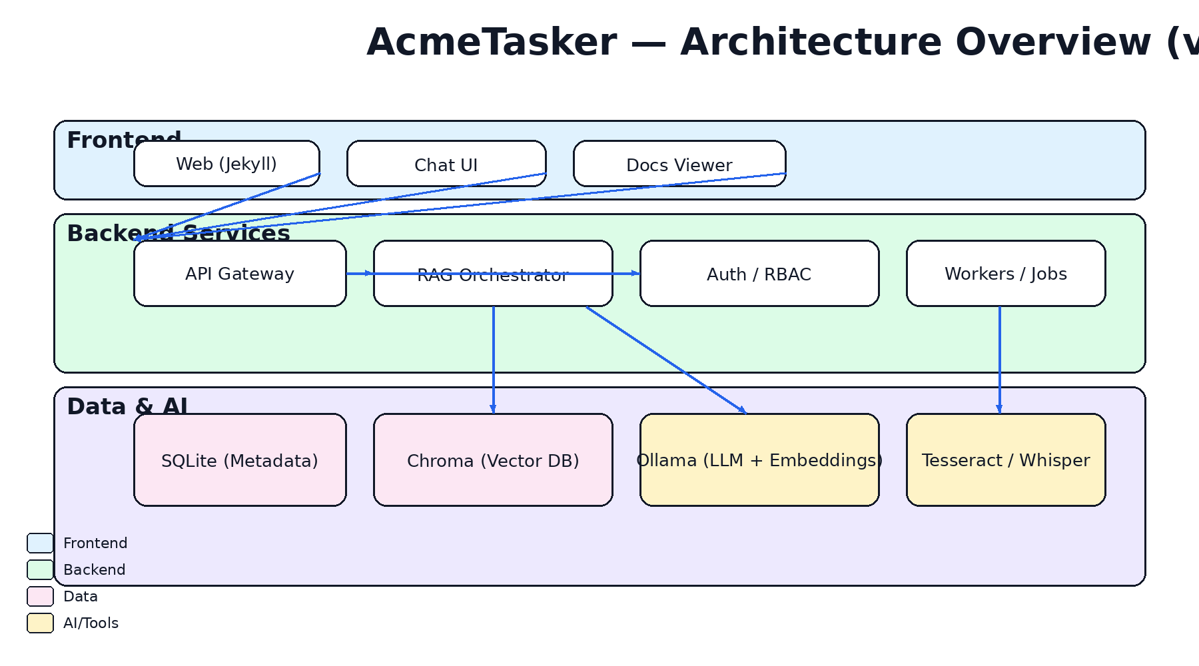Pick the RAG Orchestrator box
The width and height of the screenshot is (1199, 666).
(493, 290)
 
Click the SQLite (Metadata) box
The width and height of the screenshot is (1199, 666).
(240, 460)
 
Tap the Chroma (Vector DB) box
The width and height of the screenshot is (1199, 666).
(493, 460)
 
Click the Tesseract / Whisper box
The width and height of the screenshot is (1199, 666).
(1006, 460)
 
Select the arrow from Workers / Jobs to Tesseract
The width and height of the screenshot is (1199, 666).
(999, 360)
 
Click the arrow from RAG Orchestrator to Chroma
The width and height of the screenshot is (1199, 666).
(493, 360)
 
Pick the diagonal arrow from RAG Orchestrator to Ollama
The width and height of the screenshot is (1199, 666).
(666, 360)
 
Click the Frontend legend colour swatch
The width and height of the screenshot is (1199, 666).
(40, 543)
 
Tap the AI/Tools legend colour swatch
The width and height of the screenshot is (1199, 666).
(40, 623)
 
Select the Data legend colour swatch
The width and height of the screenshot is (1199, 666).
(40, 596)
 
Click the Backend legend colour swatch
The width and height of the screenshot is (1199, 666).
(40, 569)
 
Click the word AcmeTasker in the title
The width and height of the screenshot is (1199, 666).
(492, 43)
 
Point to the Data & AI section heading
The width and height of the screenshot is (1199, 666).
(127, 406)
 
